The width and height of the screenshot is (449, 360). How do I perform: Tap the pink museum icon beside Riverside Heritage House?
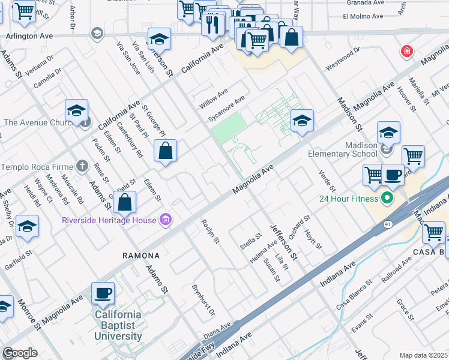pyautogui.click(x=166, y=220)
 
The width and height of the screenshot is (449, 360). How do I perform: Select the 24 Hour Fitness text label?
pyautogui.click(x=348, y=198)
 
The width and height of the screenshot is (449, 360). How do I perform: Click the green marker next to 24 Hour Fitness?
pyautogui.click(x=387, y=197)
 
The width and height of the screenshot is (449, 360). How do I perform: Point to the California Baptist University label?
pyautogui.click(x=118, y=325)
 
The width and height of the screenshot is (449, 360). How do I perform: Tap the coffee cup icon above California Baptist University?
pyautogui.click(x=103, y=293)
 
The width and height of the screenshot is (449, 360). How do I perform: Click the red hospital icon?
pyautogui.click(x=408, y=52)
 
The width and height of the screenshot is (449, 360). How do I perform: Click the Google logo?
pyautogui.click(x=20, y=353)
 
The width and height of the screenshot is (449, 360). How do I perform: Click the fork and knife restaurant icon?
pyautogui.click(x=212, y=25)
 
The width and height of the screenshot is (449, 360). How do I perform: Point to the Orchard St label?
pyautogui.click(x=298, y=227)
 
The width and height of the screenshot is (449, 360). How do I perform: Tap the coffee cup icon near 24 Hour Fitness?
pyautogui.click(x=393, y=175)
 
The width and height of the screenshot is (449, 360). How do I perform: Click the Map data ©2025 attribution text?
pyautogui.click(x=423, y=355)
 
